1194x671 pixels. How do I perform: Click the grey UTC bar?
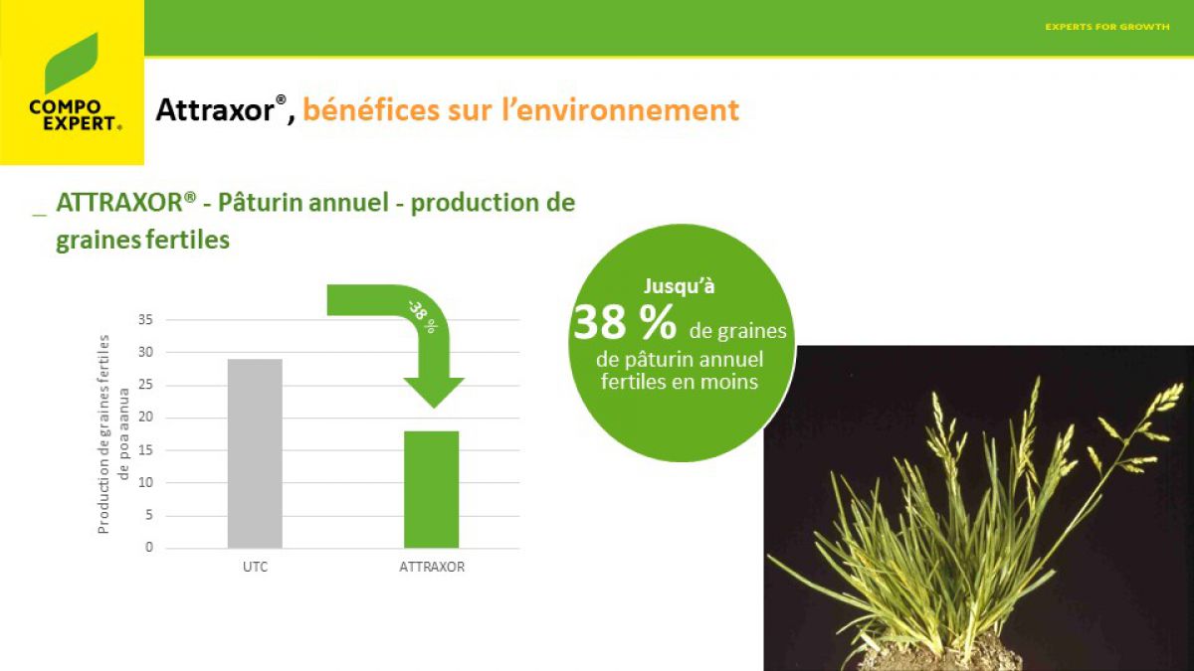click(x=255, y=453)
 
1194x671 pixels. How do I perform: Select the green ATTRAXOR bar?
click(x=431, y=489)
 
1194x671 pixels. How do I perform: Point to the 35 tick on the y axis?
click(x=145, y=319)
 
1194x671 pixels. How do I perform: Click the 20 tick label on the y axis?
click(x=145, y=417)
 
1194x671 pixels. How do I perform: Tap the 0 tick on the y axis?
click(x=149, y=547)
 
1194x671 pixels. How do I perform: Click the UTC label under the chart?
click(x=256, y=567)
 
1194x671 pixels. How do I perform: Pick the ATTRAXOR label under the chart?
click(x=432, y=567)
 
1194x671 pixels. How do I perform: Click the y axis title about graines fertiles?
click(x=113, y=434)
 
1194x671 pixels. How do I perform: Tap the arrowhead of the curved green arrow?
click(x=434, y=392)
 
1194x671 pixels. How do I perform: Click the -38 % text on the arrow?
click(x=422, y=317)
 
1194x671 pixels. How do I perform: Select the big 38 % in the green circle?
click(x=625, y=323)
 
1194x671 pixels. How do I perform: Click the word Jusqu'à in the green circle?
click(x=679, y=286)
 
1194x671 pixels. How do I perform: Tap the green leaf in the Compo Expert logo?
click(x=72, y=64)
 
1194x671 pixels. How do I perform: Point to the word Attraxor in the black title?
click(x=215, y=109)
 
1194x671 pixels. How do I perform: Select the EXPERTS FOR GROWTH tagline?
click(x=1107, y=27)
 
